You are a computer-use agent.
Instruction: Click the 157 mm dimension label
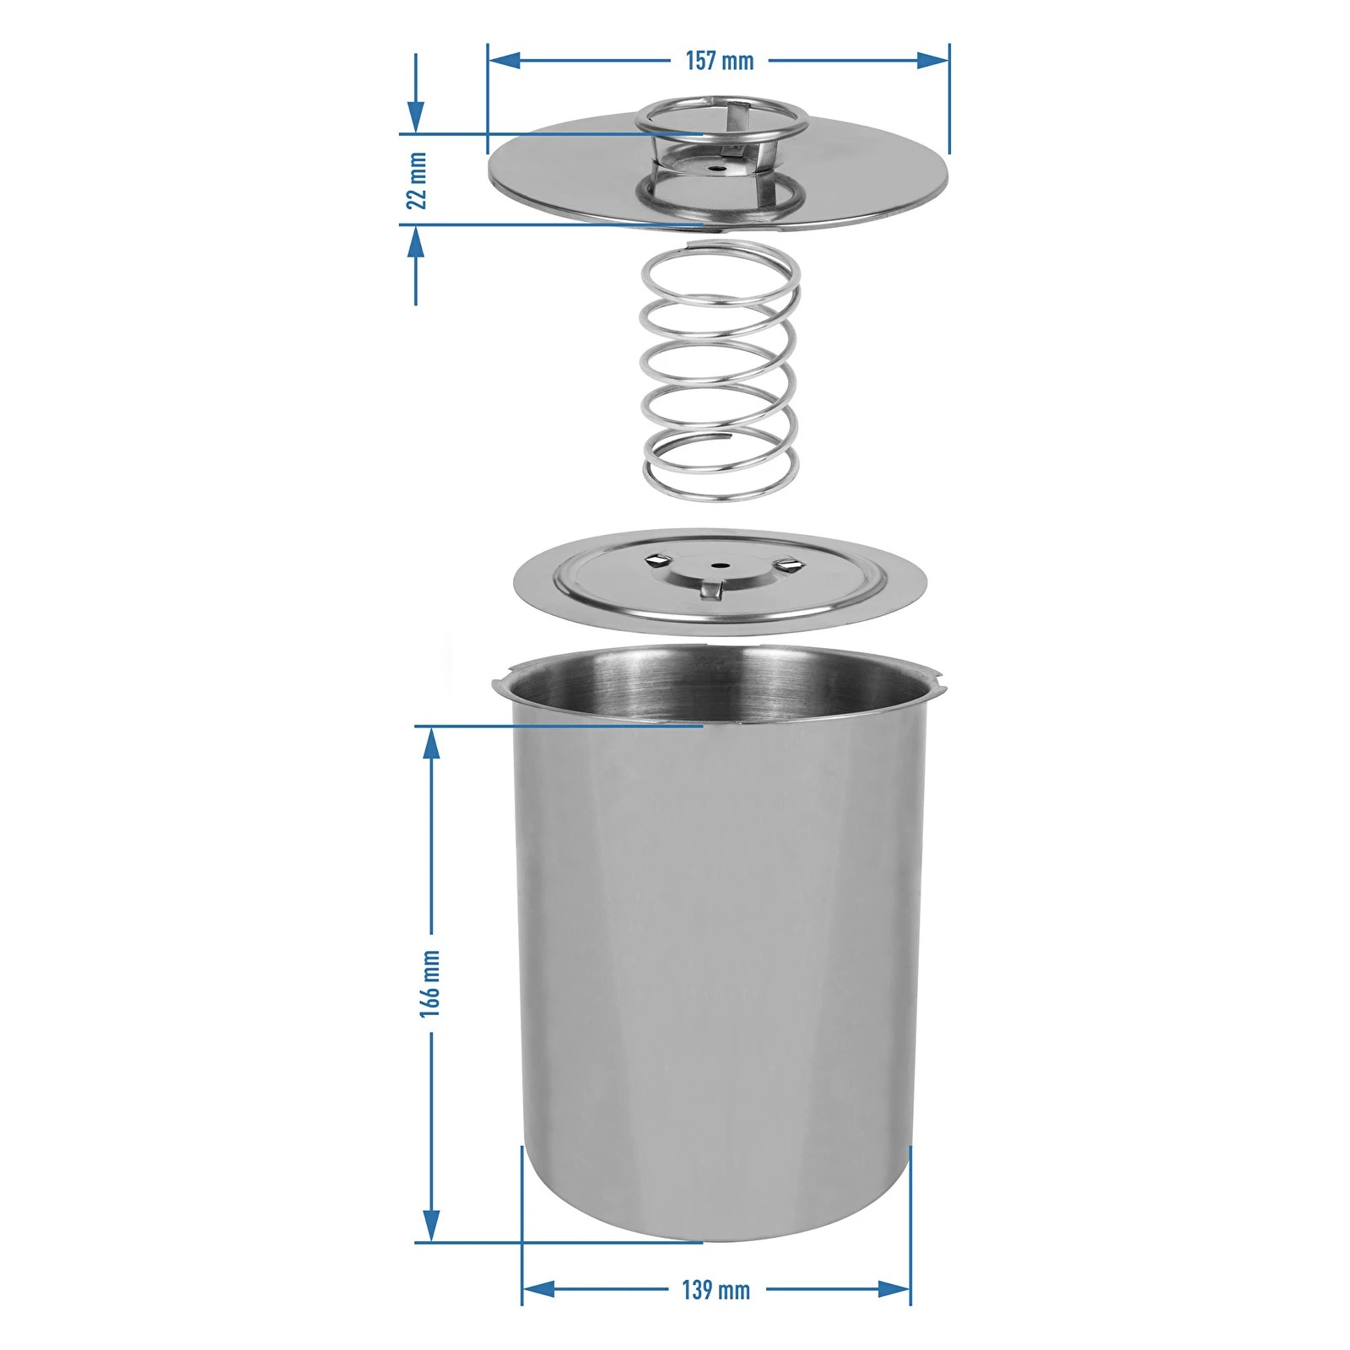(x=719, y=61)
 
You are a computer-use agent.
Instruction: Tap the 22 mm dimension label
(x=416, y=180)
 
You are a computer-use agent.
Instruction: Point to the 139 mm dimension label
(x=715, y=1290)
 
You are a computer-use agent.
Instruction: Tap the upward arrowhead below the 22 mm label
(x=415, y=244)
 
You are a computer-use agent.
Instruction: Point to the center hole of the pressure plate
(x=719, y=565)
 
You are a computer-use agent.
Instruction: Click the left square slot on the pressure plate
(x=655, y=559)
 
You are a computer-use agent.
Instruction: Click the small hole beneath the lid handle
(x=715, y=168)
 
